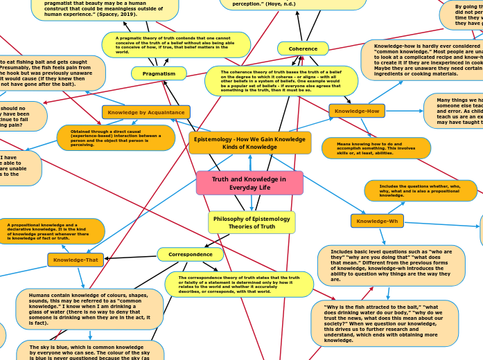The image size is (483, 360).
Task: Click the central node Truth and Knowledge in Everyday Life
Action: tap(249, 183)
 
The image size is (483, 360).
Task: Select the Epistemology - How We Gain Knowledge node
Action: tap(249, 143)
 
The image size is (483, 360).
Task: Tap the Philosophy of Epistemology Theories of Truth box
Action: tap(252, 222)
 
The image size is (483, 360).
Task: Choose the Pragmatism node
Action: tap(159, 73)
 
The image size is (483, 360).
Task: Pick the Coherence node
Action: tap(303, 48)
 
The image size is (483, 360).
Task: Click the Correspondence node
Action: tap(191, 254)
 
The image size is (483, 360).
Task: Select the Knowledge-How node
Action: tap(356, 111)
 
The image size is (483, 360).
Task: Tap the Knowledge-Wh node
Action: tap(377, 221)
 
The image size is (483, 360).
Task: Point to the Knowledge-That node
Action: tap(76, 260)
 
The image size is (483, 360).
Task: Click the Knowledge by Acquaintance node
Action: tap(146, 111)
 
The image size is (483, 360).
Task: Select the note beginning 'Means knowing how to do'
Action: tap(376, 147)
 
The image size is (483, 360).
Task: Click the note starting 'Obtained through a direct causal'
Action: tap(116, 138)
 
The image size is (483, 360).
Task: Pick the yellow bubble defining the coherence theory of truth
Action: tap(281, 81)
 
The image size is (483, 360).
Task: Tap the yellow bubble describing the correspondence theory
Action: tap(239, 284)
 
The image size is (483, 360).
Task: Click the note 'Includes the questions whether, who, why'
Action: tap(421, 190)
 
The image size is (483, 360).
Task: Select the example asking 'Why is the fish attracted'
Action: tap(385, 323)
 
